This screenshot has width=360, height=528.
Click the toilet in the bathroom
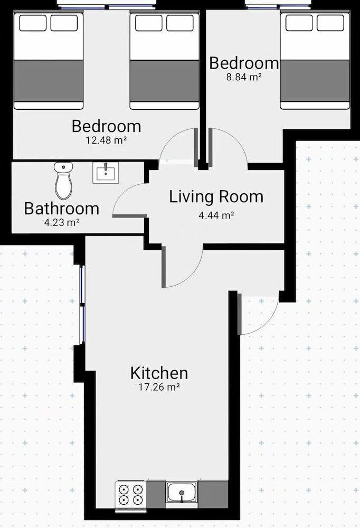click(x=63, y=181)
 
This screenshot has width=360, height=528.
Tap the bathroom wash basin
click(x=106, y=173)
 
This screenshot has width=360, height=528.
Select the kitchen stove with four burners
click(x=131, y=495)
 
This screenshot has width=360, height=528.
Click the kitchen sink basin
click(x=182, y=492)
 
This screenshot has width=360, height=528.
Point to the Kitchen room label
click(x=159, y=373)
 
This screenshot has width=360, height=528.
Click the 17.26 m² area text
click(x=159, y=387)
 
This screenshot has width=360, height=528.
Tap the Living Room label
click(x=216, y=196)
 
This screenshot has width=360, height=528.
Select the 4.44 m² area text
click(x=216, y=215)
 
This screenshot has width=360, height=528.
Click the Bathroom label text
click(x=62, y=209)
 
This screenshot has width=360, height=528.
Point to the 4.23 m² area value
click(x=62, y=223)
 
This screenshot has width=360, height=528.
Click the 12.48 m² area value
click(x=107, y=140)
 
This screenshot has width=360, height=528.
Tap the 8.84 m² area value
click(x=244, y=77)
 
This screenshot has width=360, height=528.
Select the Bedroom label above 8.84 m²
click(x=244, y=63)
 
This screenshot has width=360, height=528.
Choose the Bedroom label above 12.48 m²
click(x=107, y=126)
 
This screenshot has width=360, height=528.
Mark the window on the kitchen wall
click(x=82, y=305)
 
